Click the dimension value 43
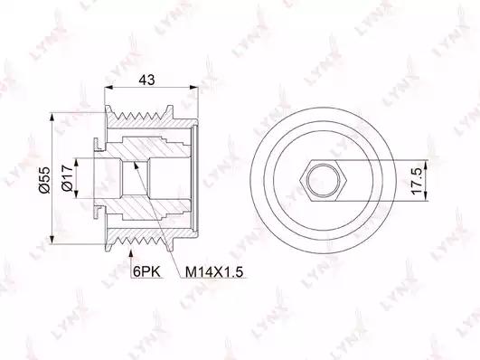147,80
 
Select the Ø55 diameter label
44,179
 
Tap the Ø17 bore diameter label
67,179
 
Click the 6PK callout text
147,271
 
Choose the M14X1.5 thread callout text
214,271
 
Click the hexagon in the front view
324,180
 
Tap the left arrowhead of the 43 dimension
109,88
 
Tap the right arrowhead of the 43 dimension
193,88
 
